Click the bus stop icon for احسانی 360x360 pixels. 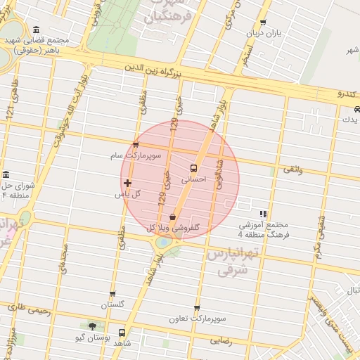[193, 169]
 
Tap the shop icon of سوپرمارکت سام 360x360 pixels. [136, 145]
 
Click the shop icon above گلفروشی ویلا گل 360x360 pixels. [173, 217]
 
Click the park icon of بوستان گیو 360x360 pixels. [92, 326]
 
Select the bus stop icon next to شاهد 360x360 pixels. [122, 333]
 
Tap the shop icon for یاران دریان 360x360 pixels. [263, 22]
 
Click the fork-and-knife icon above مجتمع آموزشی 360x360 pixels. [263, 214]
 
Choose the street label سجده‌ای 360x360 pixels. [63, 260]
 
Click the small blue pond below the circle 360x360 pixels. [163, 242]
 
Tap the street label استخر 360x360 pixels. [246, 55]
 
